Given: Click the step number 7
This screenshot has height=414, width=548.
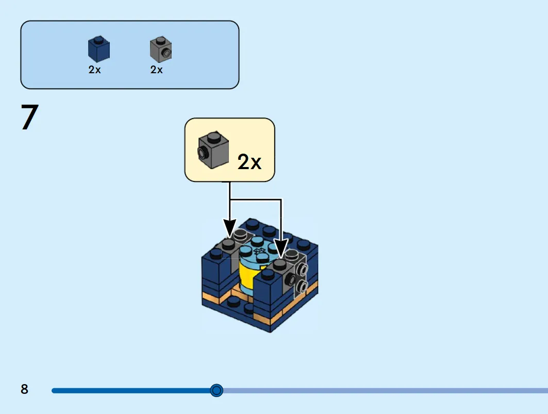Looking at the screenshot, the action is coord(29,117).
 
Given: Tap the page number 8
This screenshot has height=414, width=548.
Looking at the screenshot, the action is coord(24,389).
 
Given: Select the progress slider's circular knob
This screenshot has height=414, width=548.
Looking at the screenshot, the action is coord(217,390).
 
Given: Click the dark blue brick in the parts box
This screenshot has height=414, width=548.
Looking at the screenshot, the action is coord(99,48).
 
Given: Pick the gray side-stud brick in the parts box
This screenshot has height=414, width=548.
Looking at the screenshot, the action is coord(161,49).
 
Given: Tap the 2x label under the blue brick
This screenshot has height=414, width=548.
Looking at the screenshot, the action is coord(95,70).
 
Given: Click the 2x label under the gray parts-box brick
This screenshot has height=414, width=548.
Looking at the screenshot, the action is coord(157,70).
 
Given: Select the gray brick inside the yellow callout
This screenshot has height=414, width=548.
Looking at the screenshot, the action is coord(213,150).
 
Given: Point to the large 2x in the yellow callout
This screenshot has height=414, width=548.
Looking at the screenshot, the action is coord(249,162).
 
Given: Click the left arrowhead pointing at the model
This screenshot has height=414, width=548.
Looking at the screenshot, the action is coord(229,229).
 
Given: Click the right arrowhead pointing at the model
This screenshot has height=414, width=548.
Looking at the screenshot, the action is coord(281,249).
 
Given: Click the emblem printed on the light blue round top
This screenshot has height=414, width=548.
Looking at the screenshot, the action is coord(259,251).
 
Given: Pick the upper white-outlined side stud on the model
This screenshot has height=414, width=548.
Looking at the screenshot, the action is coord(303,269).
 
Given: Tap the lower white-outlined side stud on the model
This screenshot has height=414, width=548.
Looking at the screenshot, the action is coord(303,287).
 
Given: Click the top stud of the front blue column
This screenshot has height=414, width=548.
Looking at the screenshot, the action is coord(268,275).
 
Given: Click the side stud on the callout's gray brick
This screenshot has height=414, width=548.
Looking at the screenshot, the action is coord(203,153).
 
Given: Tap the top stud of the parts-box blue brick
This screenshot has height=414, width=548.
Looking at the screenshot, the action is coord(99,38).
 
